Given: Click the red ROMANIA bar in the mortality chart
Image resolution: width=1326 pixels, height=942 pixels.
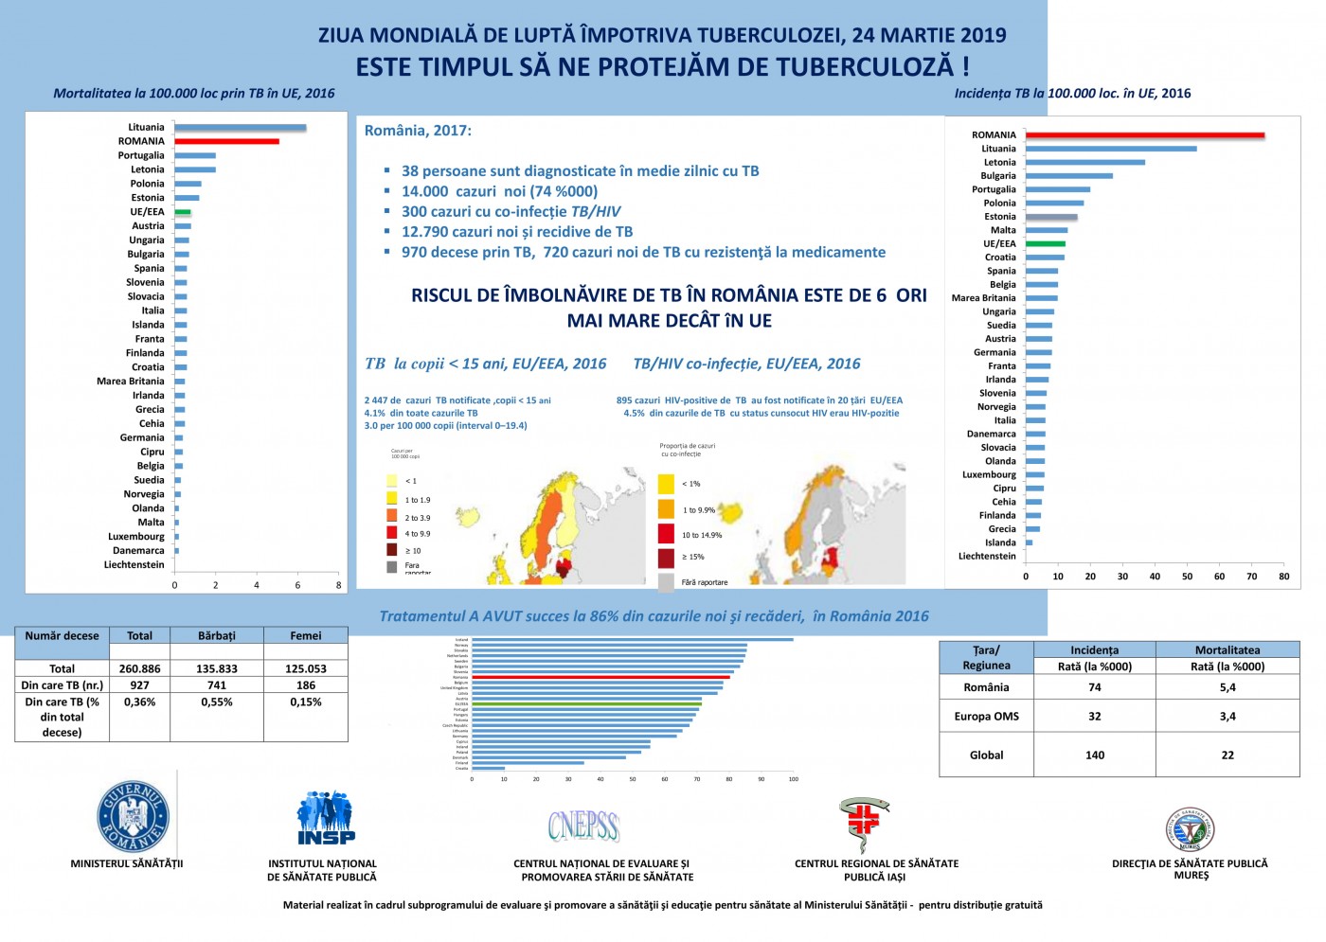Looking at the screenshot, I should tap(226, 141).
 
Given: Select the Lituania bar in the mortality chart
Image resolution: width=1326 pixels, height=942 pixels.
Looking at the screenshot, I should tap(240, 127).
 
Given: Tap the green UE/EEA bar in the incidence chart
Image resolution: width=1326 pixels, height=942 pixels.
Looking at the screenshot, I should tap(1045, 243).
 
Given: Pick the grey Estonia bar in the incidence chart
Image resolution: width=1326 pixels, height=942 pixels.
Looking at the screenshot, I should tap(1051, 217).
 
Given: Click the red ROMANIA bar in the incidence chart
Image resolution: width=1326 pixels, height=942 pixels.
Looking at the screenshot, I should tap(1144, 135).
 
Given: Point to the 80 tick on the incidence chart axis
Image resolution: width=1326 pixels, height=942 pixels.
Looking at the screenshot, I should tap(1283, 576).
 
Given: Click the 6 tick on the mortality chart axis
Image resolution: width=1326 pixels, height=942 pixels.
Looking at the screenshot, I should tap(297, 585).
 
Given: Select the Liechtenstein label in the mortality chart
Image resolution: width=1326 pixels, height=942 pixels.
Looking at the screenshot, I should tap(134, 564).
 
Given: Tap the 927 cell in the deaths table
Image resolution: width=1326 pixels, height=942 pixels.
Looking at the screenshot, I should tap(139, 684).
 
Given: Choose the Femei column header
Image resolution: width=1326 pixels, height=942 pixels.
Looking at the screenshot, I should tap(305, 636).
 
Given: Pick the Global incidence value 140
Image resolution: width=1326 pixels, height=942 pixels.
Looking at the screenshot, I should tap(1094, 755).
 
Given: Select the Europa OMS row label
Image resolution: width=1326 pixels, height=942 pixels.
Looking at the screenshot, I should tap(986, 716).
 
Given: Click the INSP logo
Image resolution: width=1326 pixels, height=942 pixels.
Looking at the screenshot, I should tap(326, 817).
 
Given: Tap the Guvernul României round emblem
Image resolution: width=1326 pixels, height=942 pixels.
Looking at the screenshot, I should tap(134, 816).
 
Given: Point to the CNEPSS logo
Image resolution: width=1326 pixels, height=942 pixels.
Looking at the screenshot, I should tap(583, 826).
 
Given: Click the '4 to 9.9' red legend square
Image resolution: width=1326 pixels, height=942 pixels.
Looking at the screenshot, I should tap(392, 533).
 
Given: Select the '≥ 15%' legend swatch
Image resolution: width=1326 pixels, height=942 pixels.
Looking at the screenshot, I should tap(666, 557).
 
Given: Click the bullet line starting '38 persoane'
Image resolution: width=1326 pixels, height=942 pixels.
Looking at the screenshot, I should tap(580, 171).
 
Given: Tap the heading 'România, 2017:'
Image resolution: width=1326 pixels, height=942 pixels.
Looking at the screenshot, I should tap(418, 131).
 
